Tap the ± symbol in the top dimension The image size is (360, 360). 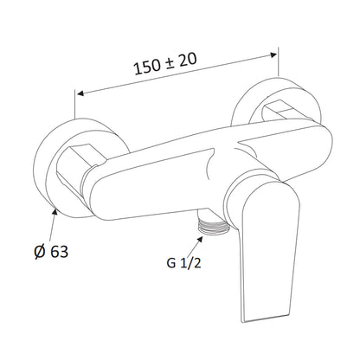pos(170,62)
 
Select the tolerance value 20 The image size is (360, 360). pos(188,59)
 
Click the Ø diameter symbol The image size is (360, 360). pos(40,252)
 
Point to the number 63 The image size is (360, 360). pos(60,252)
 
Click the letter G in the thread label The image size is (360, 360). pos(171,263)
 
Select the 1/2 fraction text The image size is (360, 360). pos(190,263)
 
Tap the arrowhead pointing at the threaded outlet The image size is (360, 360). pos(200,239)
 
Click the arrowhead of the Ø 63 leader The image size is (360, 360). pos(55,212)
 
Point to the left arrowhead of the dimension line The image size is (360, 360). pos(80,93)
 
